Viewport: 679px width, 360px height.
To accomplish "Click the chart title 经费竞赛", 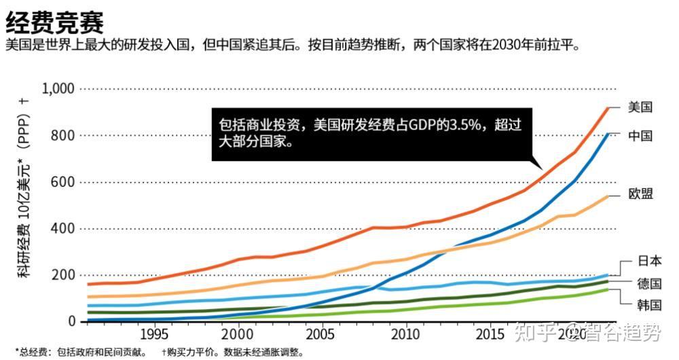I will [x=54, y=22].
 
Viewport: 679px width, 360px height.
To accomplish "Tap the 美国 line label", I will [x=640, y=107].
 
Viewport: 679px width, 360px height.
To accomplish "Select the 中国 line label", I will [x=640, y=136].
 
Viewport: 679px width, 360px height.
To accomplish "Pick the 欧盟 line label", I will [x=640, y=194].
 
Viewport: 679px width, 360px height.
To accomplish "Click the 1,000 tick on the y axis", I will [x=58, y=89].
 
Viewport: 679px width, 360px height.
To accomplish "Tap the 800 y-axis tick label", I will [x=63, y=136].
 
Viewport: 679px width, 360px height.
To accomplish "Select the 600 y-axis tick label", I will [x=63, y=182].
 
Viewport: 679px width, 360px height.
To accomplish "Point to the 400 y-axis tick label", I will [x=63, y=228].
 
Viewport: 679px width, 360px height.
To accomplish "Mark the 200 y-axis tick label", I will [x=63, y=274].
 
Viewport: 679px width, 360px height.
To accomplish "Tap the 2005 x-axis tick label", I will [x=321, y=335].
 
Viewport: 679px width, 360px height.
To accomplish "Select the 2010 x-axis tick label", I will [x=405, y=335].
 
